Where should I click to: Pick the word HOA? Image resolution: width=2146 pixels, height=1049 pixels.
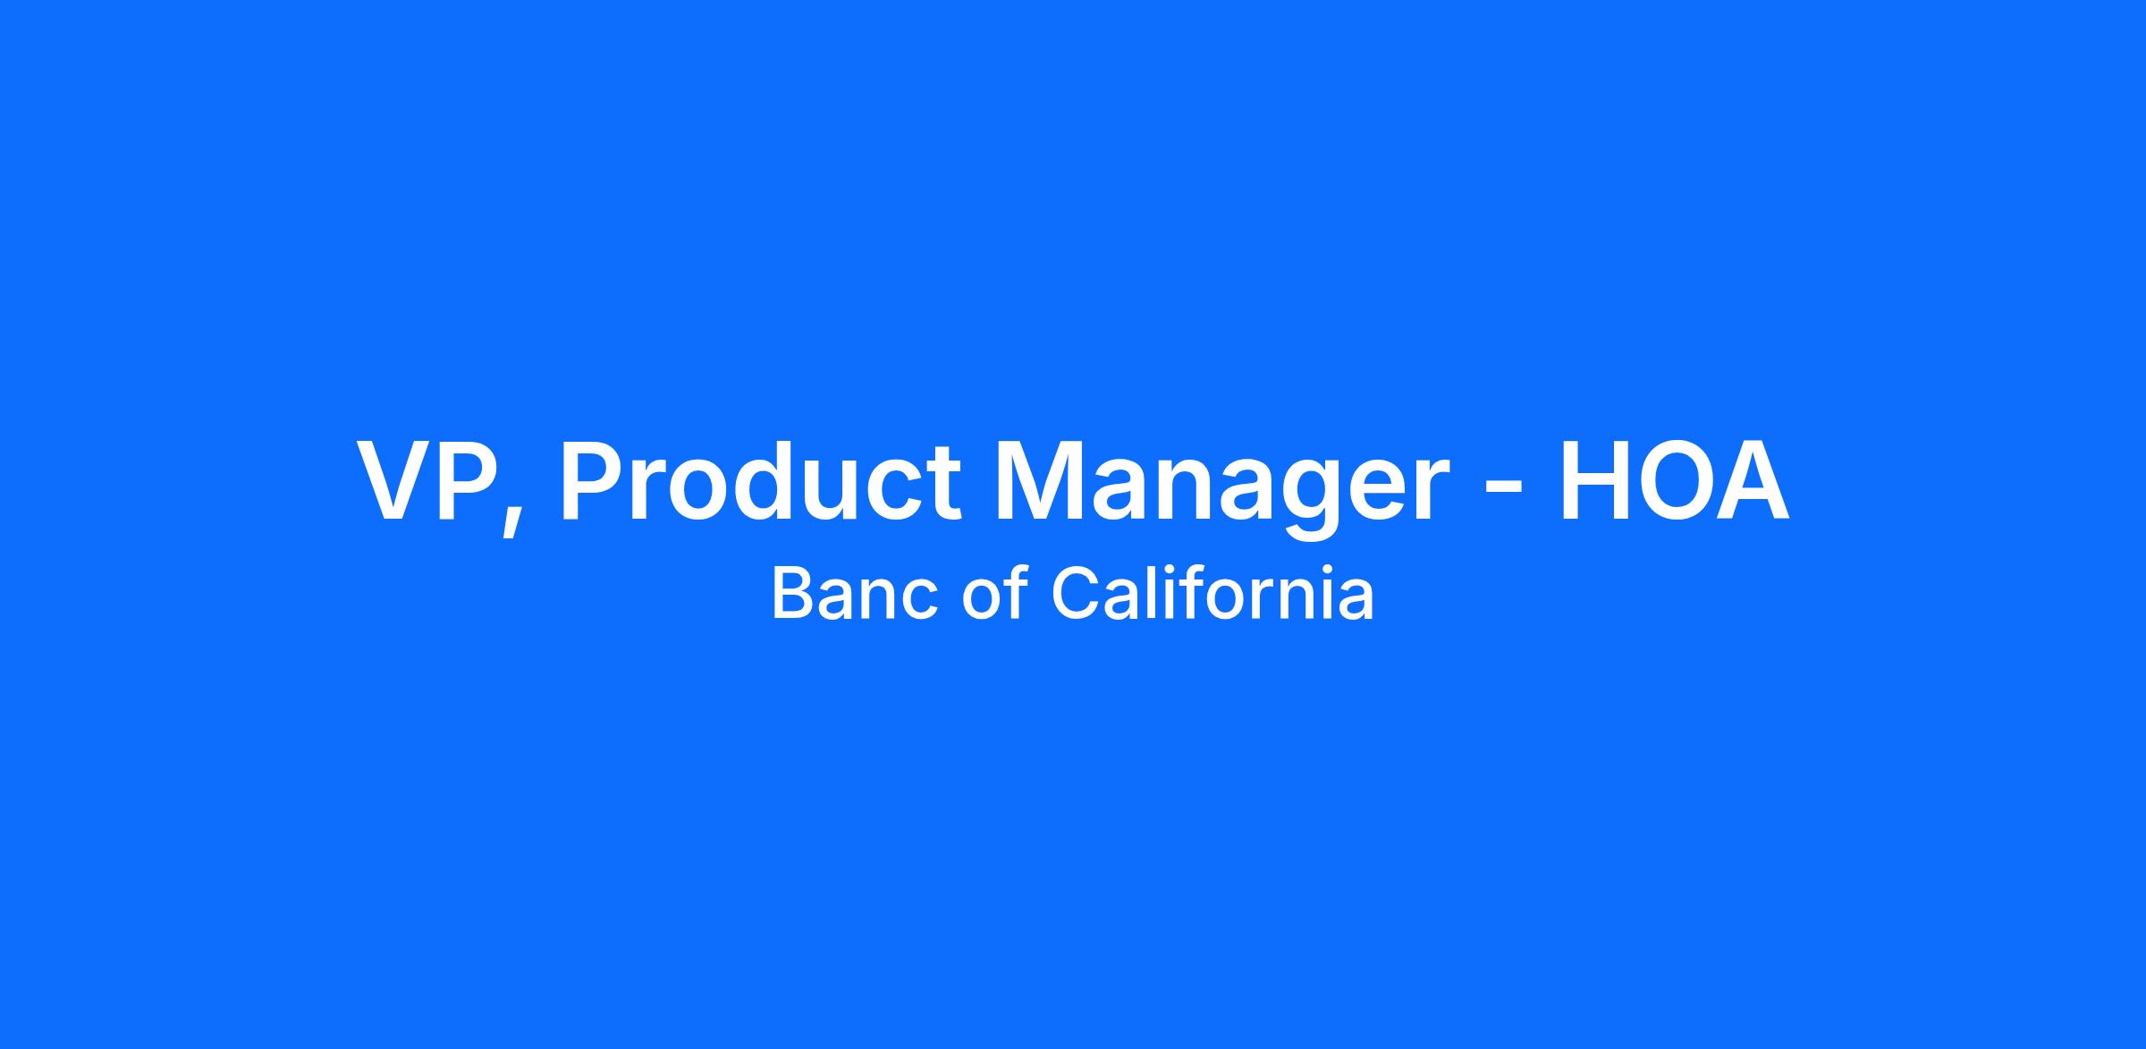click(x=1675, y=480)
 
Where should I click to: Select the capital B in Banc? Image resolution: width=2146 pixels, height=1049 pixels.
click(x=792, y=594)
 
